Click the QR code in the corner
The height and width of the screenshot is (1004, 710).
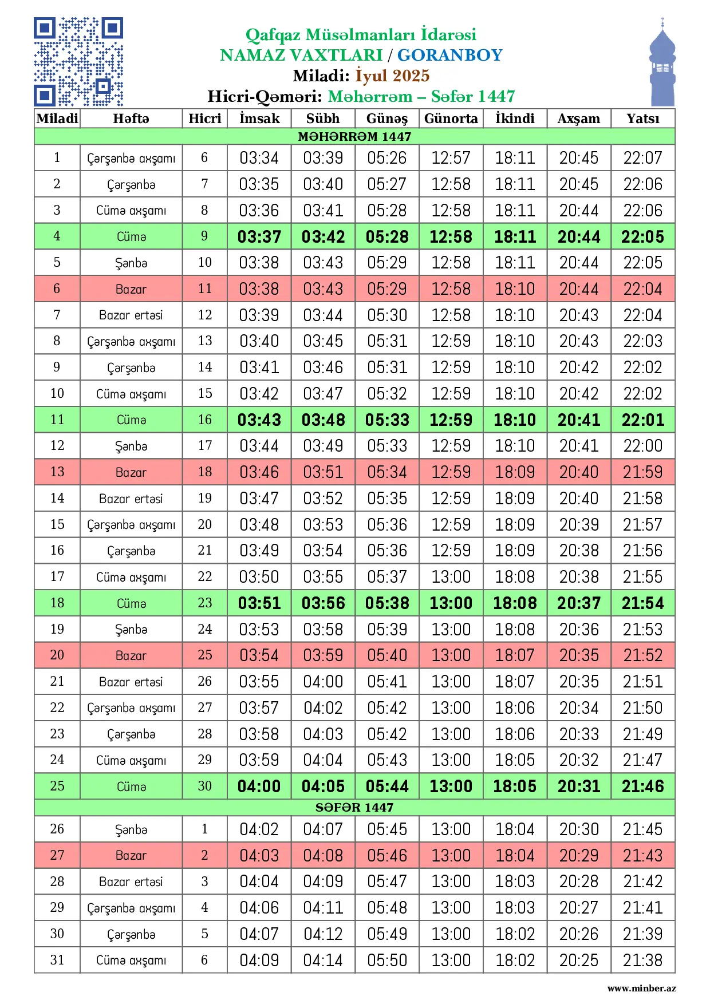coord(78,62)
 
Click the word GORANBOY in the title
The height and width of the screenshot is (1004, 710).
coord(449,55)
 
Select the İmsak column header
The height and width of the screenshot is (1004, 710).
coord(259,118)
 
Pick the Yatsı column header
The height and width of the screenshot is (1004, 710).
coord(642,118)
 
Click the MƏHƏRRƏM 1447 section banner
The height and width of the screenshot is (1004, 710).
coord(354,136)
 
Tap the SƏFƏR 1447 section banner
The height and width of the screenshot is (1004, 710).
coord(354,807)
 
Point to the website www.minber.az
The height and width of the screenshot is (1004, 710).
coord(641,988)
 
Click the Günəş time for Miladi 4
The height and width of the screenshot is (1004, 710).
coord(387,236)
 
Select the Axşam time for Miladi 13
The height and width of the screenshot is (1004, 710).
coord(578,472)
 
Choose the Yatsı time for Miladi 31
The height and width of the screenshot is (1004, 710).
coord(642,960)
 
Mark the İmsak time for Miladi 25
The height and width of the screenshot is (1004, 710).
coord(259,786)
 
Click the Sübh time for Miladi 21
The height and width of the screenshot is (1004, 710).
coord(323,681)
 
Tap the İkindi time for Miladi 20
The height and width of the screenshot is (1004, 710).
coord(515,655)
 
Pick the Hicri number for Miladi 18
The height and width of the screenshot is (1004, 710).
coord(204,603)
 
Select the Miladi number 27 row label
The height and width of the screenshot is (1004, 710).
coord(57,855)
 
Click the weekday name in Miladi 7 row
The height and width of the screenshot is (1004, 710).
coord(131,315)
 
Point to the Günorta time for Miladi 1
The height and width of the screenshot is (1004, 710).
coord(451,157)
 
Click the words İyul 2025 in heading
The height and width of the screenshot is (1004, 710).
coord(392,76)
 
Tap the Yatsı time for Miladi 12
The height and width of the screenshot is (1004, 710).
coord(642,445)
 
